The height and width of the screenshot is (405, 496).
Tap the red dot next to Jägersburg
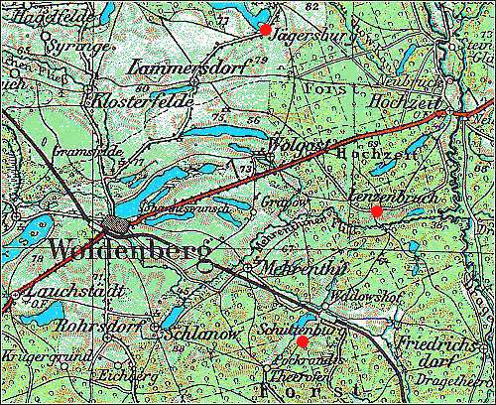pyautogui.click(x=265, y=30)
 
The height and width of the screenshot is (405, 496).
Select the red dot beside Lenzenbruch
pyautogui.click(x=376, y=211)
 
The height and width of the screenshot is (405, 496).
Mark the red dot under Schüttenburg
pyautogui.click(x=303, y=341)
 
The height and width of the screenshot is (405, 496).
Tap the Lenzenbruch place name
pyautogui.click(x=381, y=198)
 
